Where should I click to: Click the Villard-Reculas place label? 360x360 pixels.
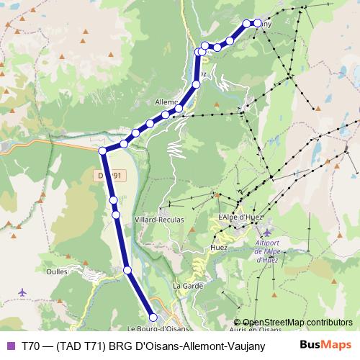(x=159, y=219)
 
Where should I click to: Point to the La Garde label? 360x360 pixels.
(x=186, y=287)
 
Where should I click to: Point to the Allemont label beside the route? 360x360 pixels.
(x=166, y=102)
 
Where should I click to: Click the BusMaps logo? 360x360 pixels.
(x=325, y=344)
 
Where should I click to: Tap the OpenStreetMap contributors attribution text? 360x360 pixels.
(x=297, y=323)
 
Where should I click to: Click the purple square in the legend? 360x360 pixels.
(x=10, y=345)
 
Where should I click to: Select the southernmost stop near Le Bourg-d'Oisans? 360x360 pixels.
(x=153, y=317)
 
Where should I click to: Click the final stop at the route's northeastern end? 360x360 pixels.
(x=257, y=22)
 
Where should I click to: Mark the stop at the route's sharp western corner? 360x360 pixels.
(x=103, y=150)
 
